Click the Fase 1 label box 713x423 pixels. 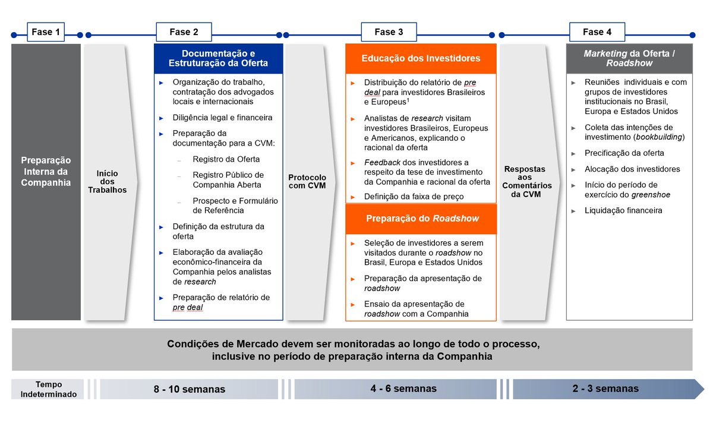46,32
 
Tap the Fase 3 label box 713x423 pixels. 389,32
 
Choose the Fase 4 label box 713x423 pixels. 597,32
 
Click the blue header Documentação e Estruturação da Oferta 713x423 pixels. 218,58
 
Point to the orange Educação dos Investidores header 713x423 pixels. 421,58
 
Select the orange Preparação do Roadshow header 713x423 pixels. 421,218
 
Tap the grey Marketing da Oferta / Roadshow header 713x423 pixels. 629,58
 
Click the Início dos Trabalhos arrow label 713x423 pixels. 108,181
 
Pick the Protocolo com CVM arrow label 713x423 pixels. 307,181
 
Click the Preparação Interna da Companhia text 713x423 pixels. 46,171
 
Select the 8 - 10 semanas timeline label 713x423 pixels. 190,389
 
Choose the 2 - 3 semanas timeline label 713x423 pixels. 605,389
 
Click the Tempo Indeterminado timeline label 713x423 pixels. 49,389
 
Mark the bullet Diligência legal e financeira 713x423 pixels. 222,118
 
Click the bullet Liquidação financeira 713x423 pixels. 623,210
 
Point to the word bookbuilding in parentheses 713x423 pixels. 659,137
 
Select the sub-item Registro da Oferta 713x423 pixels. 226,159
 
